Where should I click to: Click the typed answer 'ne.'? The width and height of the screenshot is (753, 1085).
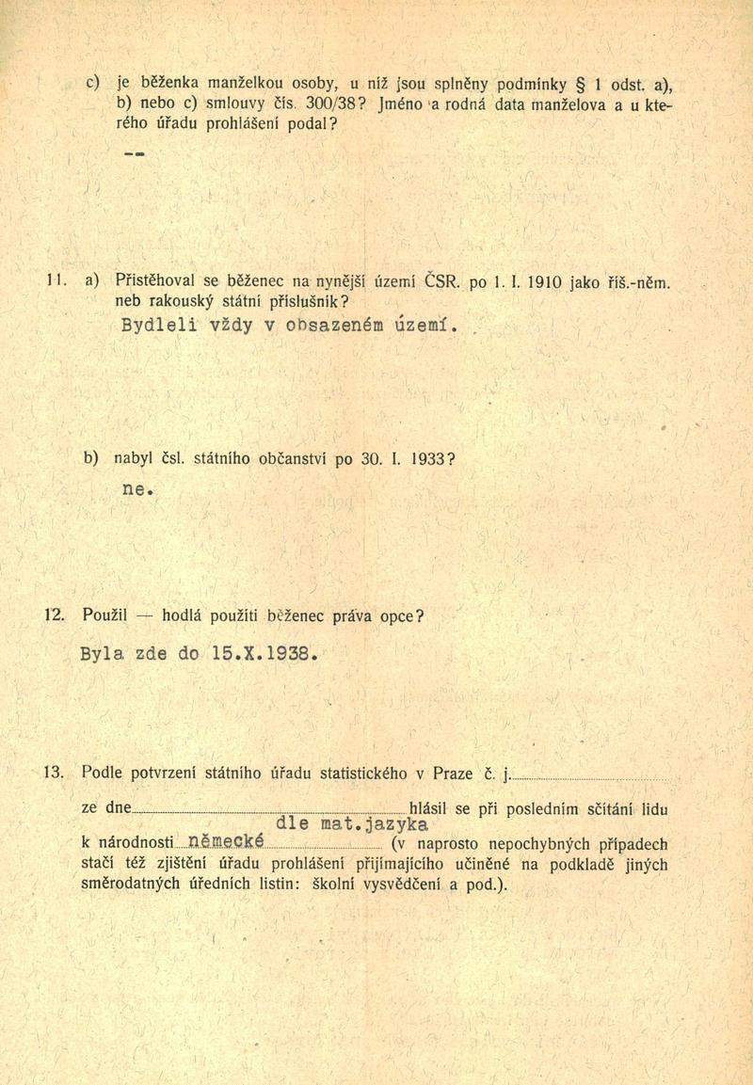[137, 489]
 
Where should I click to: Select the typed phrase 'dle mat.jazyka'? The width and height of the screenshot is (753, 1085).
[345, 825]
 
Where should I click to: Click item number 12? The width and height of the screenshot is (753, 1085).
[55, 616]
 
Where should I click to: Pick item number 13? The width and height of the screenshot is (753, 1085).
[55, 774]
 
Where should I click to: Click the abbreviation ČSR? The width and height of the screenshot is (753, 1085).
[442, 279]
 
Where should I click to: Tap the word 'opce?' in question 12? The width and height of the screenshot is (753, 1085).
[402, 616]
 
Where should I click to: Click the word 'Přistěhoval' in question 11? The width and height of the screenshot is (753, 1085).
[157, 279]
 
